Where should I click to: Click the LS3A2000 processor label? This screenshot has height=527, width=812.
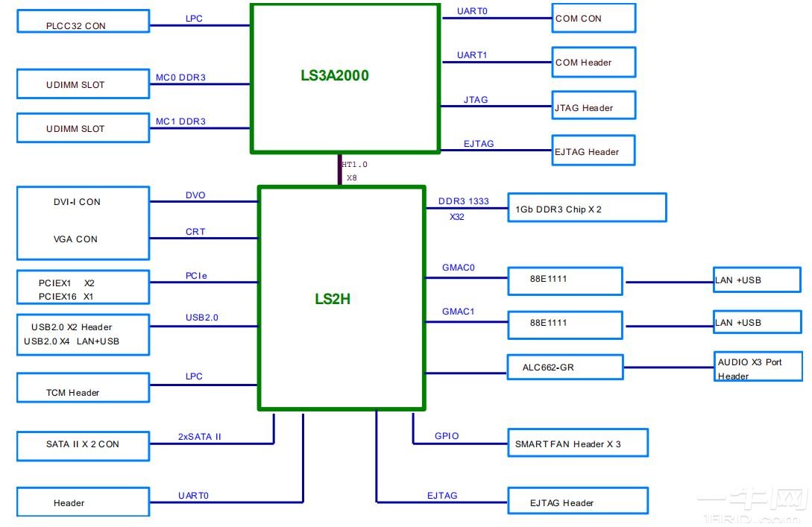(x=334, y=75)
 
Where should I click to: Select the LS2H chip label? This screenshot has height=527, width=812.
(x=332, y=300)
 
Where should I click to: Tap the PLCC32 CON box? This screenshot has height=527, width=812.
(x=83, y=22)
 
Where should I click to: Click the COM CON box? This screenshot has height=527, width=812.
(x=594, y=18)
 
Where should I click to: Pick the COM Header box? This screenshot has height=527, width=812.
(x=594, y=63)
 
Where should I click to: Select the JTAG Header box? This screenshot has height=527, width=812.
(x=594, y=107)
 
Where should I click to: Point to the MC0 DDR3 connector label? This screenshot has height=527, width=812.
(x=180, y=78)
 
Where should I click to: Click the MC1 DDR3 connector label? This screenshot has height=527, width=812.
(x=180, y=122)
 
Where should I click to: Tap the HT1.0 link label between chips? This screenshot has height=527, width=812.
(x=354, y=165)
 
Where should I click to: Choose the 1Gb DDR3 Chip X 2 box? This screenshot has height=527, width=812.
(x=586, y=208)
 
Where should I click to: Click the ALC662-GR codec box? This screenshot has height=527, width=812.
(x=564, y=367)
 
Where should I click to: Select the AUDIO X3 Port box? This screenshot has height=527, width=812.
(x=758, y=367)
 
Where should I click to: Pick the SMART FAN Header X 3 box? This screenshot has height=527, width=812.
(x=576, y=444)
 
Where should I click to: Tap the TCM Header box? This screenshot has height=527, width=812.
(x=83, y=388)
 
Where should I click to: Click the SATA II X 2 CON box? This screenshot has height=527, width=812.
(x=83, y=444)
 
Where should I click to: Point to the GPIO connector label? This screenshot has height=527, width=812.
(x=447, y=436)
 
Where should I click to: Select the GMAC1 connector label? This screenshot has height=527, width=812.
(x=458, y=312)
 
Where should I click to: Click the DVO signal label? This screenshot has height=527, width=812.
(x=195, y=195)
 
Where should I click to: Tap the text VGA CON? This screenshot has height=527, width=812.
(x=75, y=239)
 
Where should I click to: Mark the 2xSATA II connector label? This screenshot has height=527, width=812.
(x=199, y=437)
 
